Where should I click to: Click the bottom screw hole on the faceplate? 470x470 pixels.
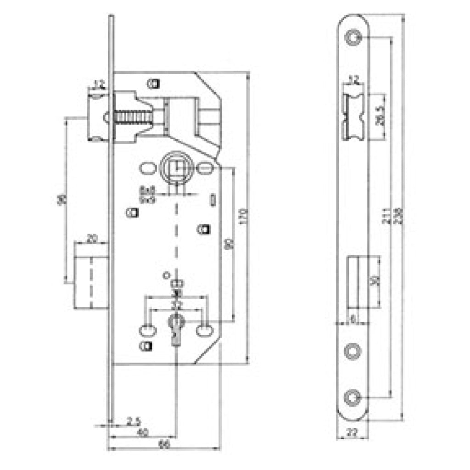[x=353, y=397]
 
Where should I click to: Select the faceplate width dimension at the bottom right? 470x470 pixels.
[x=352, y=432]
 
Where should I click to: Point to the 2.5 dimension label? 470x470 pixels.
[x=133, y=420]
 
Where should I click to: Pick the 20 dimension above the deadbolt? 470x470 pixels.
[x=92, y=238]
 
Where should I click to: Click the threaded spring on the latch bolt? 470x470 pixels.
[x=133, y=117]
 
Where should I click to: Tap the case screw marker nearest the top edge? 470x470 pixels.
[x=153, y=84]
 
